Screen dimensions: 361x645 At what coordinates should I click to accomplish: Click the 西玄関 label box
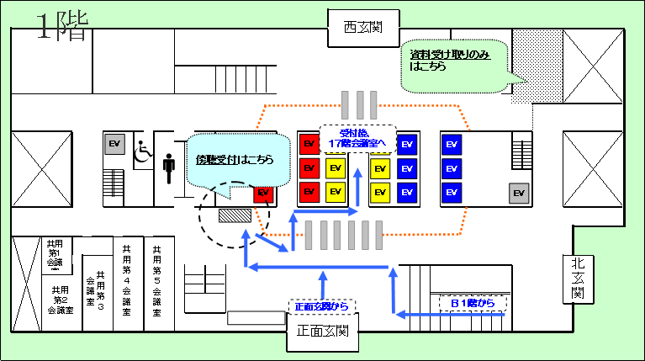(x=362, y=27)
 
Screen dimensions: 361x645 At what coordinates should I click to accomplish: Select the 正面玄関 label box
(x=324, y=332)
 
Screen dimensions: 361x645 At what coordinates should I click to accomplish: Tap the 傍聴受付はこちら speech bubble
(x=231, y=160)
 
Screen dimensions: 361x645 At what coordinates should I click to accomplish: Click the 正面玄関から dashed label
(x=322, y=306)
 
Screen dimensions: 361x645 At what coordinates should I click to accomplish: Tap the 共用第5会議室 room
(x=157, y=281)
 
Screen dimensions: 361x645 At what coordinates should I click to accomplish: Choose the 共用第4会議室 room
(x=126, y=281)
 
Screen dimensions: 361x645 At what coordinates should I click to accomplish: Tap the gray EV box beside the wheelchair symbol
(x=114, y=145)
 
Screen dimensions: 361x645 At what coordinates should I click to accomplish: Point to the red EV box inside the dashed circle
(x=264, y=194)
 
